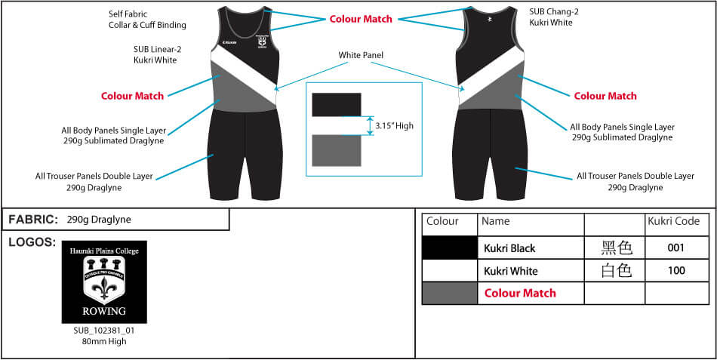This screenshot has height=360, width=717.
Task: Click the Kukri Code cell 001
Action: coord(675,248)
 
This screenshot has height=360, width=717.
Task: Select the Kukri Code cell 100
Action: coord(675,271)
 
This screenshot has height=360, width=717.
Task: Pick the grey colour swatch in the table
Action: coord(449,293)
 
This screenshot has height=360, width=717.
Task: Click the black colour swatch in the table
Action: coord(449,248)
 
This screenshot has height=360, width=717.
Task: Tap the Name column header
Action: coord(496,222)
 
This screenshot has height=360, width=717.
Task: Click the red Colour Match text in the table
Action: coord(519,293)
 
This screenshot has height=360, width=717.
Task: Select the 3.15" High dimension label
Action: coord(394,126)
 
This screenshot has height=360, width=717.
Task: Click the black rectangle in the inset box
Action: coord(337,104)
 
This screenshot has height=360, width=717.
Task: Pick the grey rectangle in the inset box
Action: coord(337,150)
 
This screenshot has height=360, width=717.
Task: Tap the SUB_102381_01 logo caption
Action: coord(104,331)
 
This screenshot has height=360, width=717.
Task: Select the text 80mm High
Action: coord(104,341)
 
